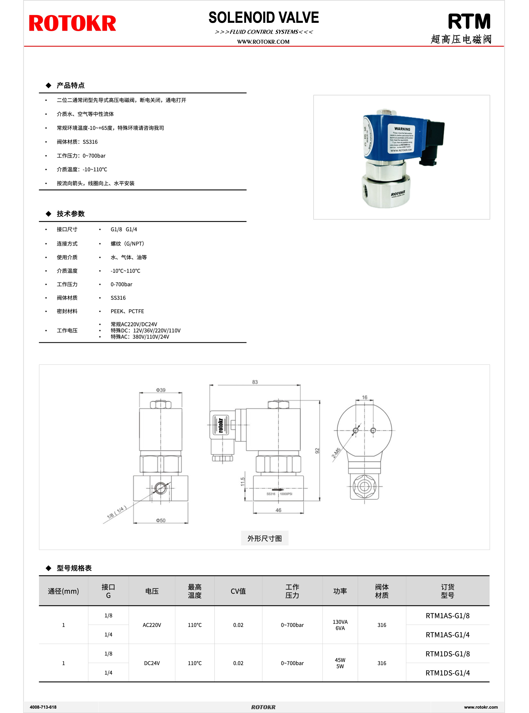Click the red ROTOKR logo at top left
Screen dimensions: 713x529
coord(72,23)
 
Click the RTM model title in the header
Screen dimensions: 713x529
coord(469,22)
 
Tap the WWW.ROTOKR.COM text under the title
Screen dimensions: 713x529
coord(263,42)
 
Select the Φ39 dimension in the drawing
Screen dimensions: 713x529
coord(161,390)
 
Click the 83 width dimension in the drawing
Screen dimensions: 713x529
coord(255,382)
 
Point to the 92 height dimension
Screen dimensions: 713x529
coord(317,450)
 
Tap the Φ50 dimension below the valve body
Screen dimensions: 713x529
coord(161,520)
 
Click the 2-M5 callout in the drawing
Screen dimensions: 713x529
coord(336,453)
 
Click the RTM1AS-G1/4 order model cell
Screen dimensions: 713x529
coord(447,635)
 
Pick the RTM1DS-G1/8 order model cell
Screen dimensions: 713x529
coord(447,654)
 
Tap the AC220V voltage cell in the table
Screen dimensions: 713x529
coord(152,625)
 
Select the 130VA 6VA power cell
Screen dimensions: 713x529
coord(340,625)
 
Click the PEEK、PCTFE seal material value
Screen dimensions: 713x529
coord(127,311)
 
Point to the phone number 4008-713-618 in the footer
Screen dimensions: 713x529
coord(43,707)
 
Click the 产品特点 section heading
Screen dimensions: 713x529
coord(71,85)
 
